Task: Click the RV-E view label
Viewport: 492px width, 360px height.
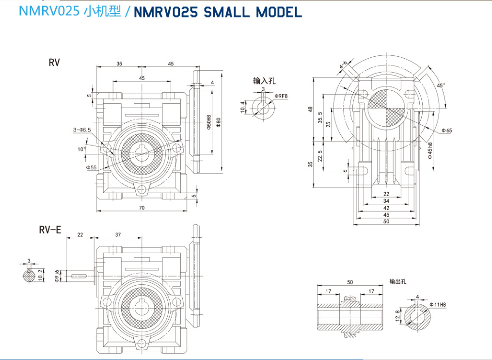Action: (x=50, y=230)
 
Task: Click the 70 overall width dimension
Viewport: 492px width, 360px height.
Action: (x=142, y=208)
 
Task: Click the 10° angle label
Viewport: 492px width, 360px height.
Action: (x=81, y=149)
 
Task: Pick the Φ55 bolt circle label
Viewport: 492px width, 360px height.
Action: (x=92, y=167)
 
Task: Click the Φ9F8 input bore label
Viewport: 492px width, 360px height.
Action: (x=281, y=96)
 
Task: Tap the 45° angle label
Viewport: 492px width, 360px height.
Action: (x=441, y=85)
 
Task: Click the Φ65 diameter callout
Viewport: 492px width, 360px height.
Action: (x=446, y=131)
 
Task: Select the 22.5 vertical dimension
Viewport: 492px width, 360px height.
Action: (x=319, y=156)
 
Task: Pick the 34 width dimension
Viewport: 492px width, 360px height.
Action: (x=386, y=201)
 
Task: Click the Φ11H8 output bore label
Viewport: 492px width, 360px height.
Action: (x=437, y=305)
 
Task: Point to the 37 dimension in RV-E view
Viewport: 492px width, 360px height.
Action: (x=118, y=235)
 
